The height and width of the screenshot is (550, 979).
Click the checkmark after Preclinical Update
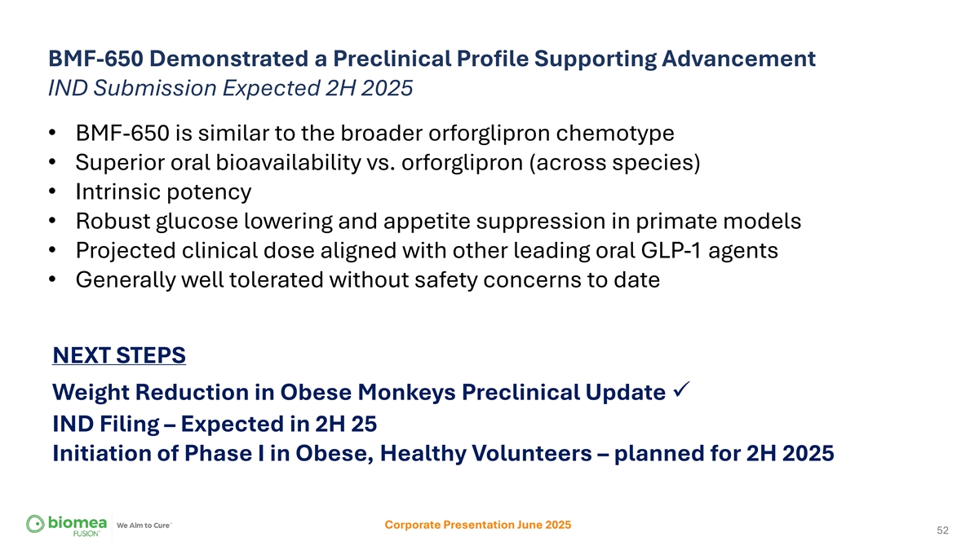(x=681, y=389)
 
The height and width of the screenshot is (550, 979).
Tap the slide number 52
(x=943, y=530)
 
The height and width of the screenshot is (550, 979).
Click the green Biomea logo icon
(x=35, y=524)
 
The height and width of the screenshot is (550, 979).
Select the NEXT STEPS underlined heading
(x=119, y=355)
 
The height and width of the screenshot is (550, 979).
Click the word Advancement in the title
(x=738, y=59)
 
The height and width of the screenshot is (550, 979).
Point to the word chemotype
(x=615, y=134)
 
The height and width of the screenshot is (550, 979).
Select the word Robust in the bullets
(x=113, y=221)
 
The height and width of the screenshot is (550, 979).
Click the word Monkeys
(x=406, y=393)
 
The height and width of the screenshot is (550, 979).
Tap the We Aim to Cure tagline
(x=144, y=525)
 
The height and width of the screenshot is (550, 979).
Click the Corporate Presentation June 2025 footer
(x=478, y=525)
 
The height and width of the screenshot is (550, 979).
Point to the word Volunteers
(x=529, y=453)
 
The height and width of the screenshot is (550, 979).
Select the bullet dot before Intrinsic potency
(x=52, y=191)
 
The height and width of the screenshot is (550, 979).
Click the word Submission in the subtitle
(x=155, y=88)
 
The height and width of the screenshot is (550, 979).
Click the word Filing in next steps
(x=130, y=425)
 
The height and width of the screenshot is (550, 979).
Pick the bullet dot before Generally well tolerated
(x=52, y=279)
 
